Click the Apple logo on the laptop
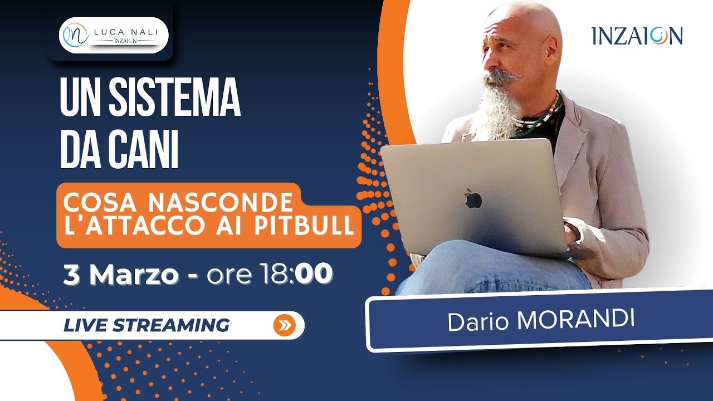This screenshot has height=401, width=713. click(x=473, y=199)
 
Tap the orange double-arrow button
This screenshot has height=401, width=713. click(x=284, y=326)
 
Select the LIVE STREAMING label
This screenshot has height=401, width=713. click(x=146, y=325)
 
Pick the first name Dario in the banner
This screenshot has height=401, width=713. click(x=477, y=323)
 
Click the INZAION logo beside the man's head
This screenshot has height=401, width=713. click(x=637, y=36)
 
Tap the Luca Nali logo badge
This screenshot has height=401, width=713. click(x=113, y=35)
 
